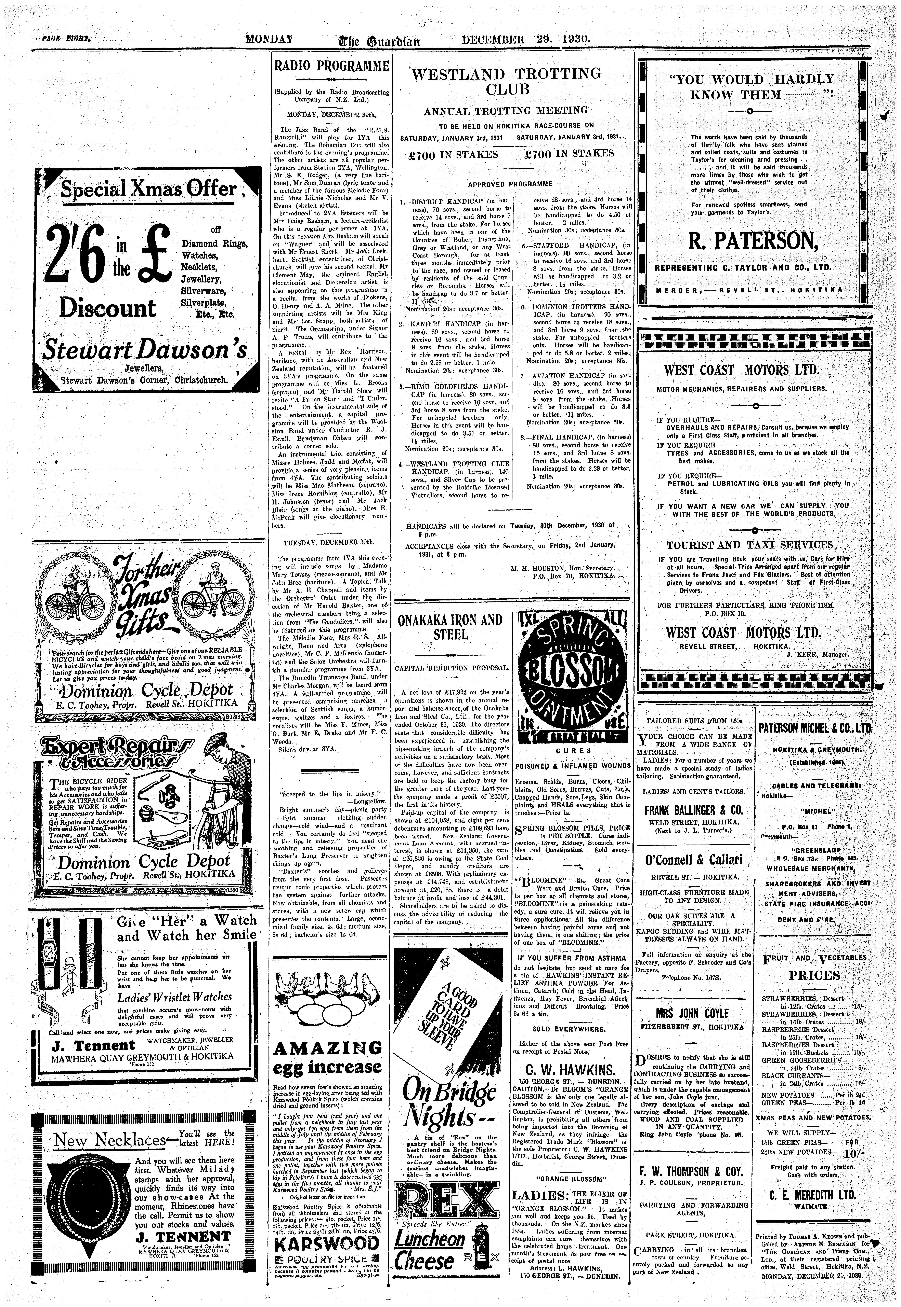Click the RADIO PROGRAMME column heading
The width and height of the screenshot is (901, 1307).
pyautogui.click(x=331, y=65)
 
